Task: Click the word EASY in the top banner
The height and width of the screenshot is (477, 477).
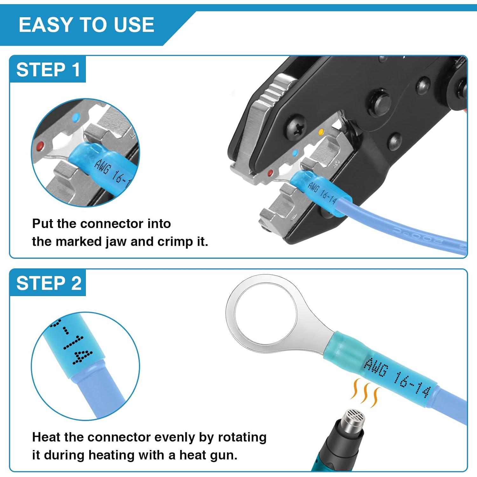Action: (45, 25)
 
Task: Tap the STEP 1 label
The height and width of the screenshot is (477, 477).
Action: (48, 70)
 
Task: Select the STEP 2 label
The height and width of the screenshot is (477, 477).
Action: (48, 283)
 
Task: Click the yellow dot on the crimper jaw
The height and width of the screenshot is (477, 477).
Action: (321, 132)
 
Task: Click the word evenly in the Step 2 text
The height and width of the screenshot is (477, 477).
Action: (175, 437)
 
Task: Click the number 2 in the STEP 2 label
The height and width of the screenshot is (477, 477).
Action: (76, 283)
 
